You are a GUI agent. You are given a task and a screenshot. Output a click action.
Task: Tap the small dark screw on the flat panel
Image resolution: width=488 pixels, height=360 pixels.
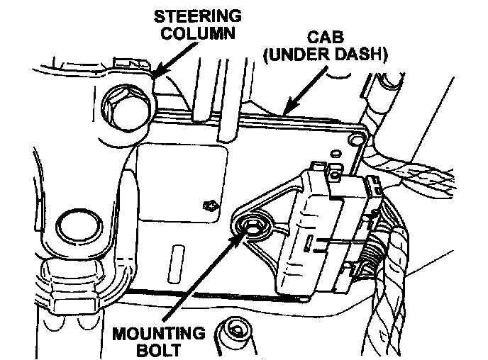[x=209, y=206]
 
